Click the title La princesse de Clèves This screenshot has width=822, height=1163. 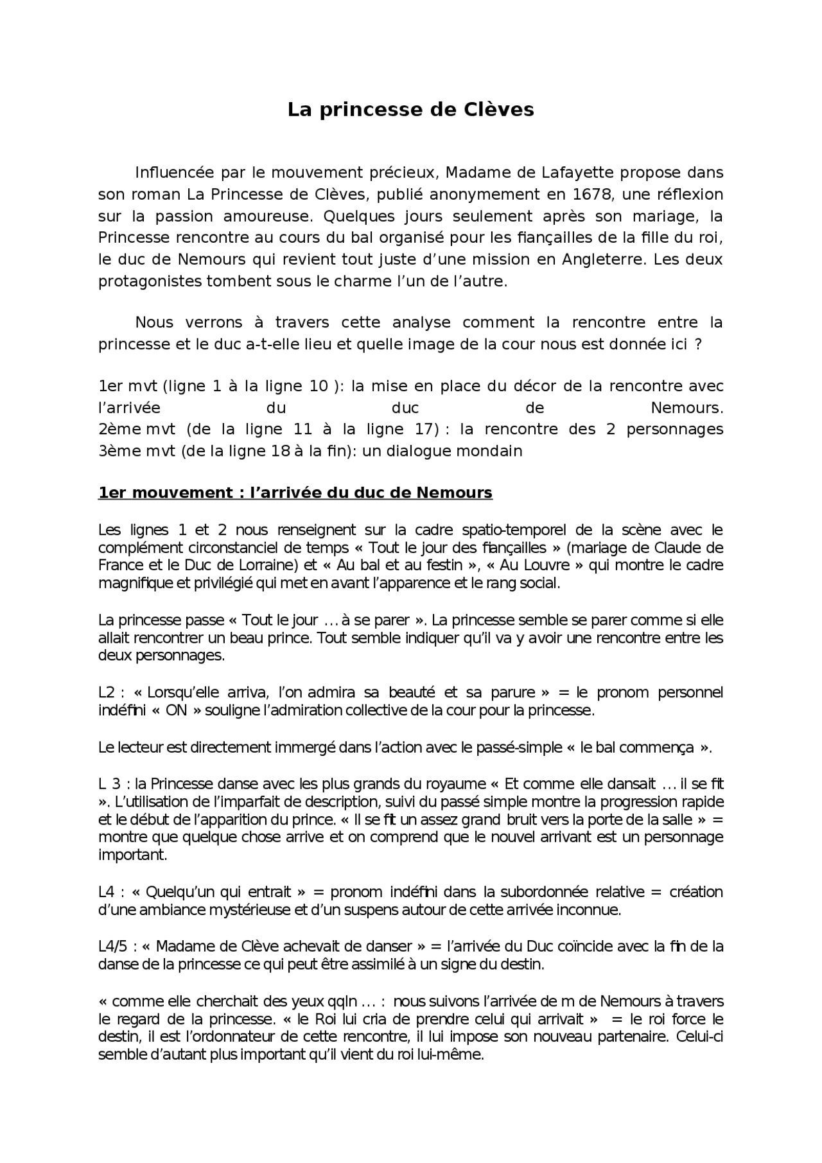tap(410, 110)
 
